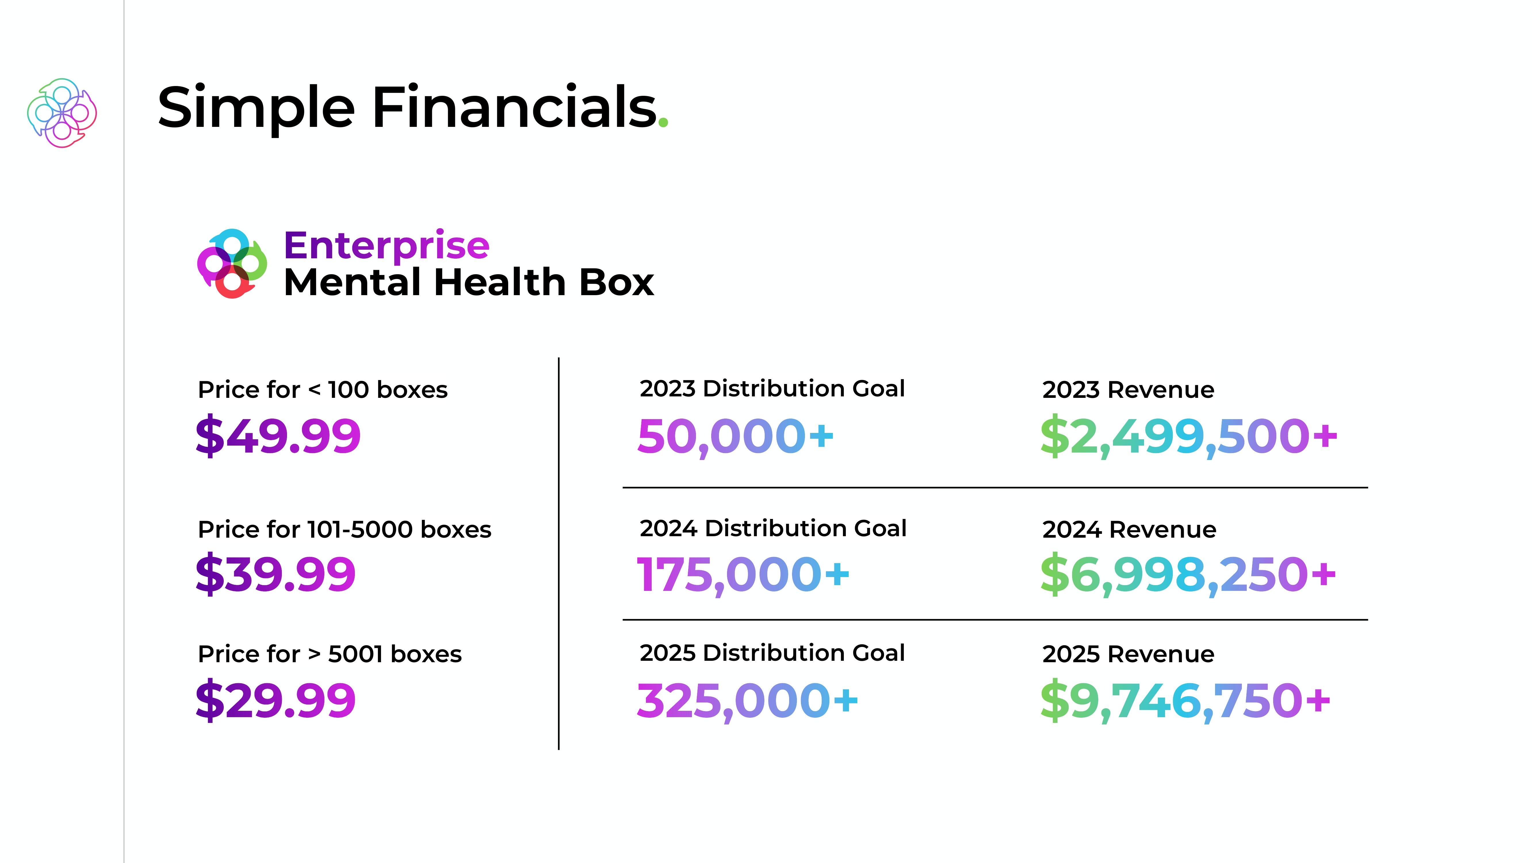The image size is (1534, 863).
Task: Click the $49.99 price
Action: (x=278, y=436)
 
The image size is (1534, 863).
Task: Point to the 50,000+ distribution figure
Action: (x=735, y=437)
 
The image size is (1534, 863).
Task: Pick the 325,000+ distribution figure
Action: (x=747, y=701)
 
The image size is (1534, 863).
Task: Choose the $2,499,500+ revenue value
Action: (x=1189, y=437)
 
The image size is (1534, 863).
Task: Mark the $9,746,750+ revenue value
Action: (x=1185, y=701)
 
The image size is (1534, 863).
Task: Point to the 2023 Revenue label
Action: (x=1128, y=390)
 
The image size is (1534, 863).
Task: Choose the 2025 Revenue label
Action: (x=1128, y=654)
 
